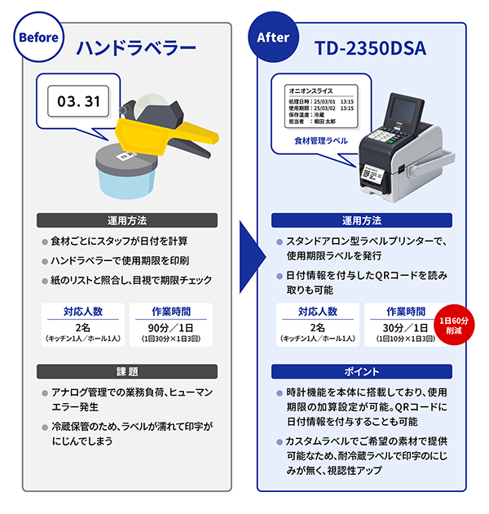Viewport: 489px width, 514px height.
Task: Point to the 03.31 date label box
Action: point(79,102)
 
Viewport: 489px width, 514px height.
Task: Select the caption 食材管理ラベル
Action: point(321,141)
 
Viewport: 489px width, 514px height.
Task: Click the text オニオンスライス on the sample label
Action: point(308,91)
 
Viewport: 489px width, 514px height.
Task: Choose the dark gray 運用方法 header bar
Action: point(128,220)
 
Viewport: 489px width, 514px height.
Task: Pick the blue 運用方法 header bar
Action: point(361,221)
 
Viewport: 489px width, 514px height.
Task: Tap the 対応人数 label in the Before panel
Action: point(83,311)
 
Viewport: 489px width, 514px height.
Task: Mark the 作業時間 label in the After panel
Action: point(405,311)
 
